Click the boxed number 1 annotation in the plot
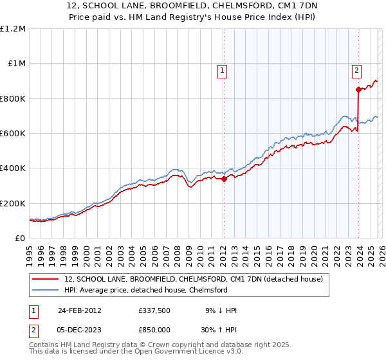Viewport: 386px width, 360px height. tap(222, 71)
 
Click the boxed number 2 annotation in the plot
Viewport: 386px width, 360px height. tap(356, 71)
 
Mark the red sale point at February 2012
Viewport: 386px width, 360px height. tap(224, 179)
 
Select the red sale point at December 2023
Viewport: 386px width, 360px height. tap(358, 90)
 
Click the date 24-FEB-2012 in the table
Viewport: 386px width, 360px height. tap(80, 310)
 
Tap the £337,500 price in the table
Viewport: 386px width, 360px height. tap(154, 310)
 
